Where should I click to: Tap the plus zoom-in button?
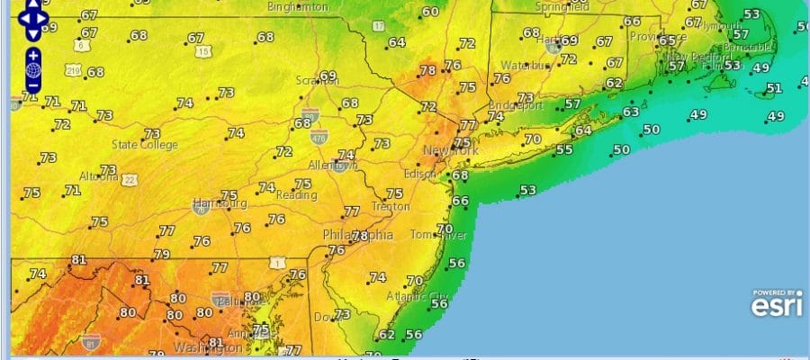click(32, 54)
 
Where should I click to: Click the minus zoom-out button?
click(32, 85)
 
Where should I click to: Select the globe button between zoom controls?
click(32, 70)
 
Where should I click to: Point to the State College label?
click(144, 144)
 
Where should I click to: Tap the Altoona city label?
click(99, 176)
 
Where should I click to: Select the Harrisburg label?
click(220, 202)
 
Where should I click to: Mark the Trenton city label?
click(391, 206)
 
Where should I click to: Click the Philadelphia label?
click(358, 235)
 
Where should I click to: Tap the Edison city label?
click(421, 174)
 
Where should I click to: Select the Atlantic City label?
click(416, 296)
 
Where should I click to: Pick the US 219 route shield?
click(72, 69)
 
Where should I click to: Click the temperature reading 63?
click(630, 112)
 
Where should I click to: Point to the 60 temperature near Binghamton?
click(430, 12)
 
